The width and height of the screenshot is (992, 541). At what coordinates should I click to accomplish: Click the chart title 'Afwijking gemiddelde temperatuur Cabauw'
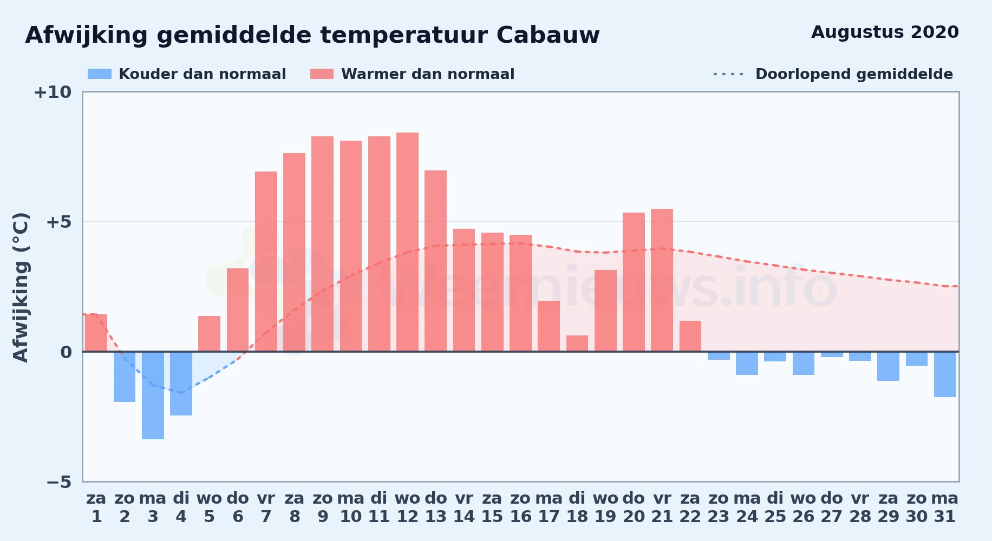pyautogui.click(x=312, y=35)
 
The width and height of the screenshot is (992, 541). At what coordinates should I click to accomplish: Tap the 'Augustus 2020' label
pyautogui.click(x=885, y=32)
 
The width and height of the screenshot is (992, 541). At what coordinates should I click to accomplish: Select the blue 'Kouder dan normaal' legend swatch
pyautogui.click(x=100, y=74)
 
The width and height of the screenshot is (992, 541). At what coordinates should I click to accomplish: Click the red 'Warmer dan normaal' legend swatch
pyautogui.click(x=322, y=74)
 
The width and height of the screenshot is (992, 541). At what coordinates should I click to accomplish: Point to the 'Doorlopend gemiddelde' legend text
pyautogui.click(x=854, y=74)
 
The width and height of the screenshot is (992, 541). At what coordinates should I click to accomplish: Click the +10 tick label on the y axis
pyautogui.click(x=53, y=92)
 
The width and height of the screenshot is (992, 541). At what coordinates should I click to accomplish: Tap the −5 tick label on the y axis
pyautogui.click(x=58, y=481)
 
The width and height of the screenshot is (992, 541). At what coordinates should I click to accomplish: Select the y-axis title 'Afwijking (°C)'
pyautogui.click(x=21, y=287)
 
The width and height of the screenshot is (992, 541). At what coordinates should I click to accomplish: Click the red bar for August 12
pyautogui.click(x=407, y=242)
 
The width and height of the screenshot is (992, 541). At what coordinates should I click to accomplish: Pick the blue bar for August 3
pyautogui.click(x=153, y=395)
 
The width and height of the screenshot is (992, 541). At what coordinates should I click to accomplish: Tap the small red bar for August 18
pyautogui.click(x=577, y=344)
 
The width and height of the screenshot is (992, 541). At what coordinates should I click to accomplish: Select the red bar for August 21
pyautogui.click(x=662, y=280)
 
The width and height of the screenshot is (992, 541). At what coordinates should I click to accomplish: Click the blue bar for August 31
pyautogui.click(x=945, y=374)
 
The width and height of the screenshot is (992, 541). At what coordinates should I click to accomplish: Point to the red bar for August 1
pyautogui.click(x=96, y=333)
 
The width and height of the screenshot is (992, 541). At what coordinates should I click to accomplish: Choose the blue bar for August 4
pyautogui.click(x=181, y=384)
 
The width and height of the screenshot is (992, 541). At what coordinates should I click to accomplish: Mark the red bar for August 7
pyautogui.click(x=266, y=261)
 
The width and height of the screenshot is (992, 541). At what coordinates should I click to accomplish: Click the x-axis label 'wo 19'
pyautogui.click(x=605, y=507)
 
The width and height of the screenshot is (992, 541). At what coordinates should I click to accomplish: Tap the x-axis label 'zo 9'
pyautogui.click(x=323, y=507)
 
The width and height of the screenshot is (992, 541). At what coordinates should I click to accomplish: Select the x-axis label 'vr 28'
pyautogui.click(x=860, y=507)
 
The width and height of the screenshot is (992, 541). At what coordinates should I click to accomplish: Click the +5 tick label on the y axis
pyautogui.click(x=58, y=222)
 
